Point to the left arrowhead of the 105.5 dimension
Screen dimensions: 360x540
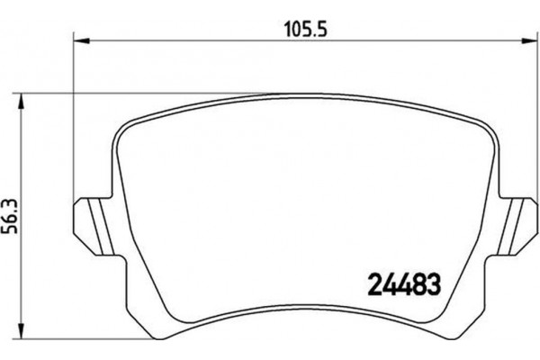tap(76, 40)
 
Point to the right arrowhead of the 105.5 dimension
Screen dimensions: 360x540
tap(526, 40)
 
